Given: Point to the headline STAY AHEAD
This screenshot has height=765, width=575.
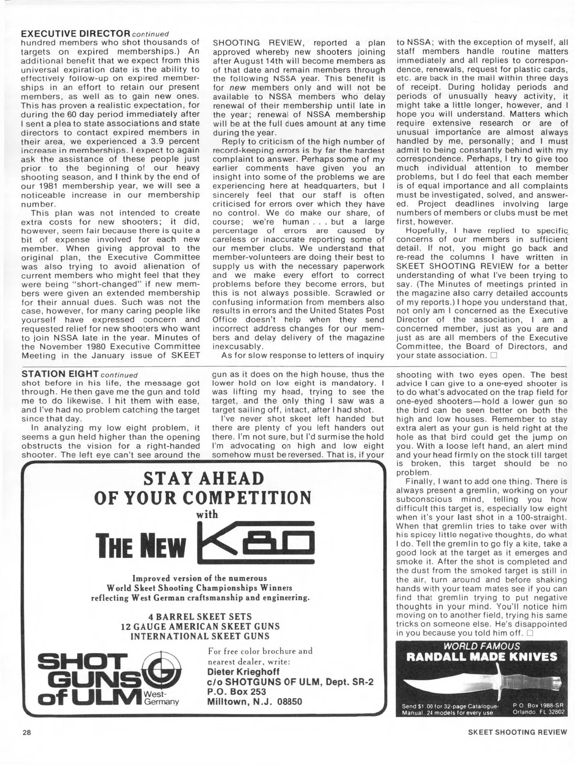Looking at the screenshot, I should (204, 478).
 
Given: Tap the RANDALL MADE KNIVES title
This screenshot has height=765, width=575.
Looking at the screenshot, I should (482, 657).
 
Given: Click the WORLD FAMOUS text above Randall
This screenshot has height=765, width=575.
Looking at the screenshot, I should (482, 646).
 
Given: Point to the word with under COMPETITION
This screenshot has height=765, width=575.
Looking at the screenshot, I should (207, 515).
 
